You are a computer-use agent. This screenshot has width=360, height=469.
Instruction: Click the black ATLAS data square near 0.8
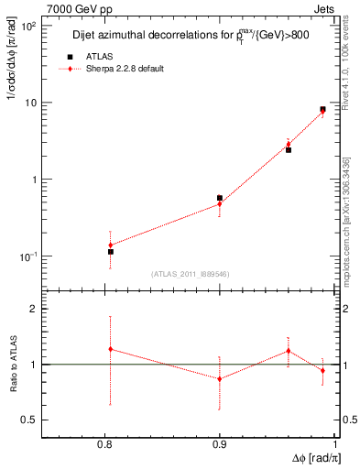[x=110, y=251]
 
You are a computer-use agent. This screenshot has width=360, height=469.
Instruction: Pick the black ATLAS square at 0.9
[x=220, y=198]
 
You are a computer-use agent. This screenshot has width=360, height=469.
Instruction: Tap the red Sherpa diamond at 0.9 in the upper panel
[x=220, y=203]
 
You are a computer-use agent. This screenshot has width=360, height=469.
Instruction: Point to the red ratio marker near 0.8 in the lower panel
[x=110, y=348]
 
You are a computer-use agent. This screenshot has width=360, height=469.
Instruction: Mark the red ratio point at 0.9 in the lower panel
[x=220, y=378]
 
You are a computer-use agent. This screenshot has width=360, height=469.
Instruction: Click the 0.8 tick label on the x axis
[x=110, y=446]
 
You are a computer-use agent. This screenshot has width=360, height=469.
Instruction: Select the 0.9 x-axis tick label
[x=220, y=446]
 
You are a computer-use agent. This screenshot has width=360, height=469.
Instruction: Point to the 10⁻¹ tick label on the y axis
[x=28, y=256]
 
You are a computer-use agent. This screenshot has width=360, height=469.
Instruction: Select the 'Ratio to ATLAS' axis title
[x=12, y=364]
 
